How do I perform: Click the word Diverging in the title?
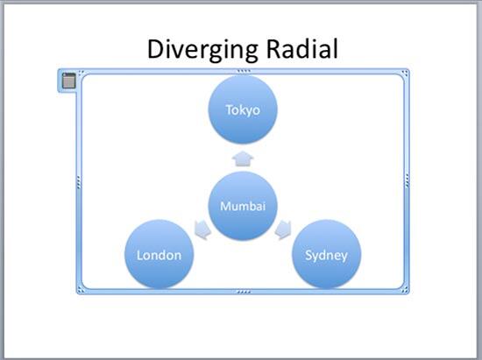tap(197, 49)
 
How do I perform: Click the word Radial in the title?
tap(296, 49)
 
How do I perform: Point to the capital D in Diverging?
tap(156, 49)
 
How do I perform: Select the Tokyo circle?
tap(243, 109)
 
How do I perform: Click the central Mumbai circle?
tap(243, 207)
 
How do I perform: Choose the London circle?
tap(159, 255)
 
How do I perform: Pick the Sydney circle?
tap(326, 255)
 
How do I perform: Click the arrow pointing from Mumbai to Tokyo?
tap(243, 159)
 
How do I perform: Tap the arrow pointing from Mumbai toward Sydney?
tap(284, 230)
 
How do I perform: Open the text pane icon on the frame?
tap(68, 81)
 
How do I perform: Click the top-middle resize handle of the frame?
tap(243, 70)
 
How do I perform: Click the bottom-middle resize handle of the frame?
tap(243, 292)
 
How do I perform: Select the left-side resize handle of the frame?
tap(79, 181)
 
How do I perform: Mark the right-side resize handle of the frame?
tap(407, 181)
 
